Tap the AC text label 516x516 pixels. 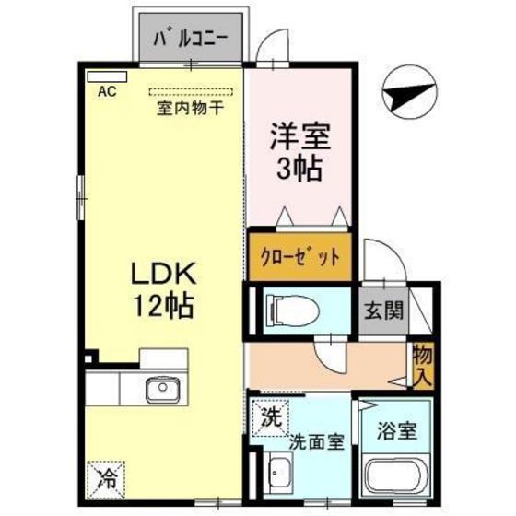(107, 92)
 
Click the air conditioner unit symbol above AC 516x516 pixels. (99, 76)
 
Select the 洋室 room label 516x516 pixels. (299, 138)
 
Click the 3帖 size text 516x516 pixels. (299, 170)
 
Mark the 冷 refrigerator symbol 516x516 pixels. (107, 478)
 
